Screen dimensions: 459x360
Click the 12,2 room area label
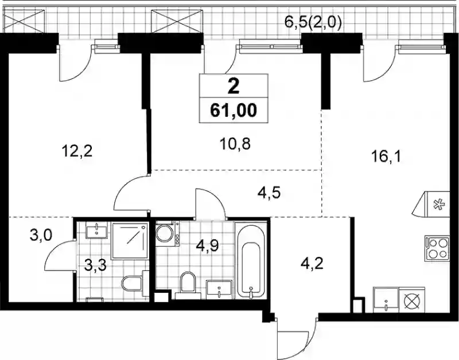77,151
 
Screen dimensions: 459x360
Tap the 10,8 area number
235,144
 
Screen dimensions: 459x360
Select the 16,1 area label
386,157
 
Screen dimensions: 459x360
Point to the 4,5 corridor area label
269,193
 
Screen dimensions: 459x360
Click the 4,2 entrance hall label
312,264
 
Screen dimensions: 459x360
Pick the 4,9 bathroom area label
207,246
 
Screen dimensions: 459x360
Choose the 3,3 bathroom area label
95,266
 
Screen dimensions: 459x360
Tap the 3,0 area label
41,235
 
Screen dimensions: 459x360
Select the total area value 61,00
234,110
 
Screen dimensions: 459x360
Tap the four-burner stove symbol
437,249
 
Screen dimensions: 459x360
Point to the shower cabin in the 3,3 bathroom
129,241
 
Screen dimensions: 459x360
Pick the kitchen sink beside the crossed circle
386,299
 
